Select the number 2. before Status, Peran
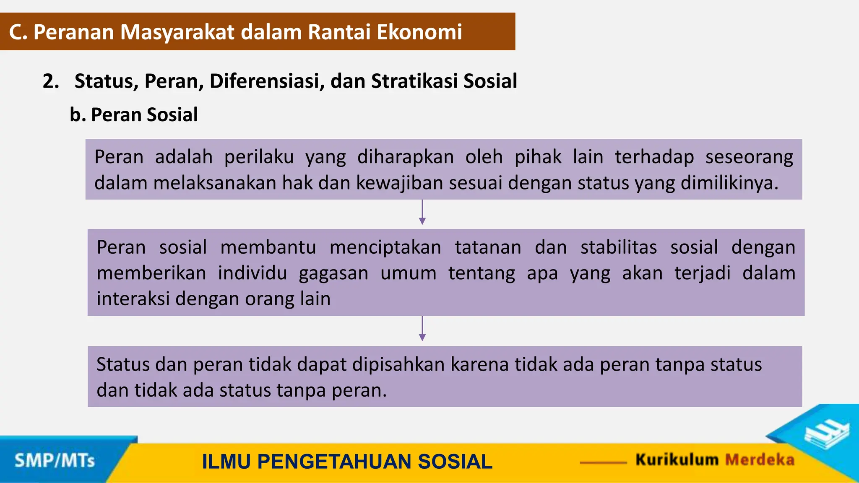[x=51, y=81]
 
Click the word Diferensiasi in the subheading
[x=267, y=81]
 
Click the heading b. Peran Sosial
[x=133, y=115]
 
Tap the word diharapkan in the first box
[x=405, y=157]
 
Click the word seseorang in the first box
[x=749, y=157]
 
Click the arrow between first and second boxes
[x=422, y=213]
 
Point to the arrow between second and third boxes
[x=422, y=329]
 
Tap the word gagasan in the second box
[x=333, y=273]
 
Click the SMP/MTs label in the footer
[x=55, y=461]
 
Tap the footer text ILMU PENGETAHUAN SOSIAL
[x=347, y=462]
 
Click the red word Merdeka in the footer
[x=760, y=460]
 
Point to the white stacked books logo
[x=826, y=434]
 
